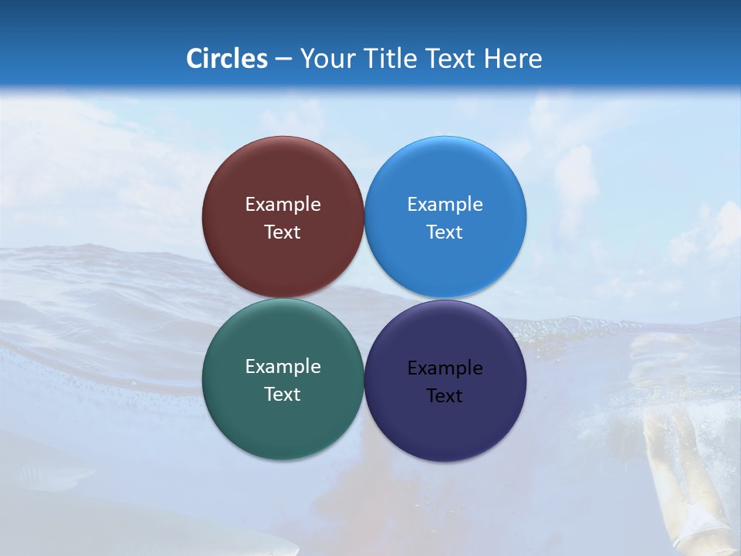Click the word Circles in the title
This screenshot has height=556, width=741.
click(x=226, y=59)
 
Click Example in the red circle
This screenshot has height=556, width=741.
click(x=283, y=205)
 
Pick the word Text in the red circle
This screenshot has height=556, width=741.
click(x=283, y=232)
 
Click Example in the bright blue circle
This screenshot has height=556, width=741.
click(x=445, y=205)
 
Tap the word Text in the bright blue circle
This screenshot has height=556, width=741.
click(x=445, y=232)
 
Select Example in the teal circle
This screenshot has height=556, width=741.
click(x=283, y=367)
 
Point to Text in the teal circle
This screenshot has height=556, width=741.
click(x=283, y=395)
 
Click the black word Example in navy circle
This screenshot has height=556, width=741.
click(x=445, y=368)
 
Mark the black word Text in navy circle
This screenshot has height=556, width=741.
click(x=445, y=396)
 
